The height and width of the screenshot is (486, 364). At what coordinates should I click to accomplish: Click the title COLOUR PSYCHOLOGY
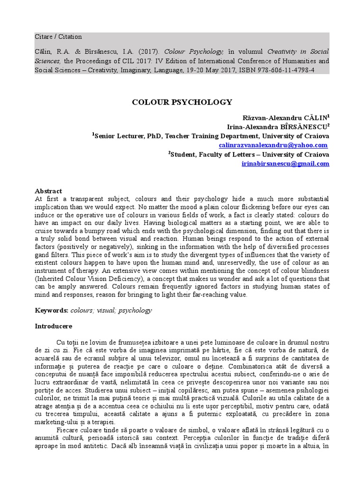click(182, 102)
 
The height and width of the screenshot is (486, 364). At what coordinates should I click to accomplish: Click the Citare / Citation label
click(58, 37)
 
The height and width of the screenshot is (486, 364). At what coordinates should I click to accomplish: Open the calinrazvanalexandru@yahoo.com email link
click(273, 145)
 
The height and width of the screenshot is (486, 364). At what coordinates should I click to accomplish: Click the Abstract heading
click(48, 191)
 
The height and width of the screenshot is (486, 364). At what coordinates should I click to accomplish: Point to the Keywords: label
click(52, 310)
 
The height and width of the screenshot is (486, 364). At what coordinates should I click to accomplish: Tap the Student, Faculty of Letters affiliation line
click(249, 154)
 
